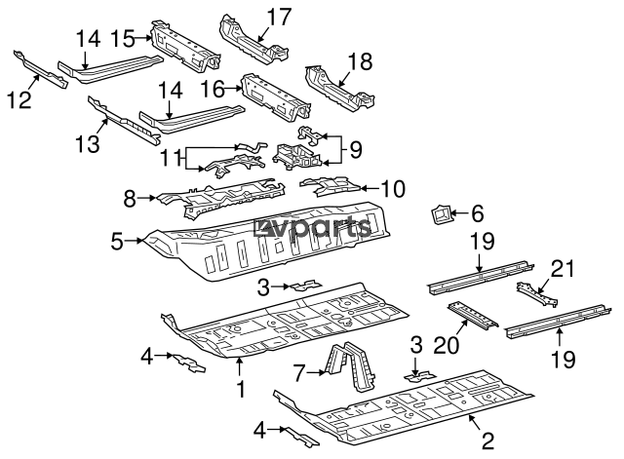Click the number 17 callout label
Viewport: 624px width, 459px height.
(279, 17)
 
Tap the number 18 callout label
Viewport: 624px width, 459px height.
(360, 62)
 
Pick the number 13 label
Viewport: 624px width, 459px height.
(87, 144)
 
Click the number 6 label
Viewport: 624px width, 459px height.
(476, 211)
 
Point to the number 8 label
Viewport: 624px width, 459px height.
(131, 198)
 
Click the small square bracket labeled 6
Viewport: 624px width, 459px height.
(438, 212)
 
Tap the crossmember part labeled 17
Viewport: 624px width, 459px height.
(249, 35)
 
